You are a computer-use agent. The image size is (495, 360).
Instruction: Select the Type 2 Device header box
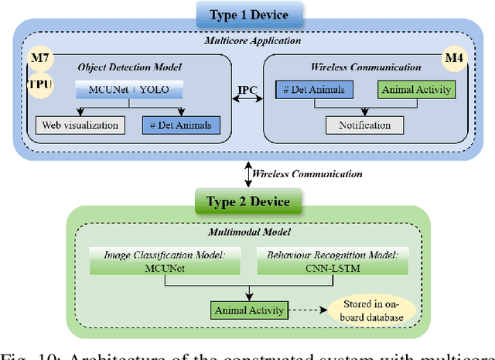click(x=247, y=202)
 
